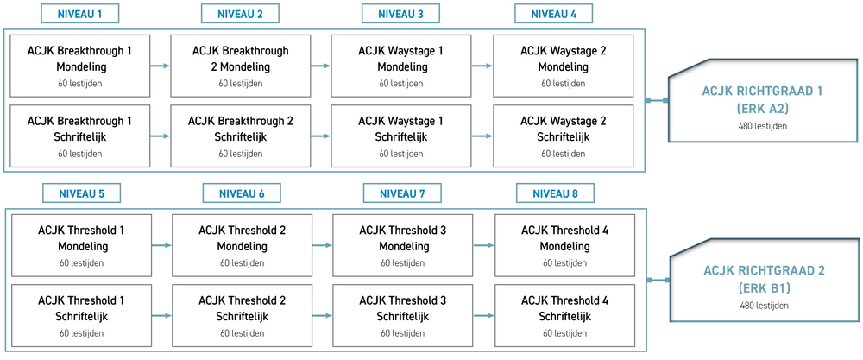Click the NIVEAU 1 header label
(79, 14)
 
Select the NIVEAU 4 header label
(554, 14)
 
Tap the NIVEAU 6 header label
(242, 193)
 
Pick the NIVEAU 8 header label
(555, 193)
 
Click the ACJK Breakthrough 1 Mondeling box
(79, 66)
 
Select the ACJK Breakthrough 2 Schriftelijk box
(241, 136)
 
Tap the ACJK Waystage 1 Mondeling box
(401, 66)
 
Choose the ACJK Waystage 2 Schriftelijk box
(563, 136)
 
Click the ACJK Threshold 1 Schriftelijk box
(81, 315)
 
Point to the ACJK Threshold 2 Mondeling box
(243, 245)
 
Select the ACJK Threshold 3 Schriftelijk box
(403, 315)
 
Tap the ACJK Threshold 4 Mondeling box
(564, 245)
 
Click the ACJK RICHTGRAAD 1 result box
(762, 100)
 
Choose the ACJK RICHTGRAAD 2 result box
(764, 281)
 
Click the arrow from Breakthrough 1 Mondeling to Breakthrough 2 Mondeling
(161, 66)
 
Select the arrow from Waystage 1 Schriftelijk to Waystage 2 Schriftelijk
(482, 136)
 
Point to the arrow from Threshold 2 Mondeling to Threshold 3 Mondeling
(323, 245)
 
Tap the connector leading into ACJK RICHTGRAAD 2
(658, 281)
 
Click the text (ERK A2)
(762, 109)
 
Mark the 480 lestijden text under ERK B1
(764, 306)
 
